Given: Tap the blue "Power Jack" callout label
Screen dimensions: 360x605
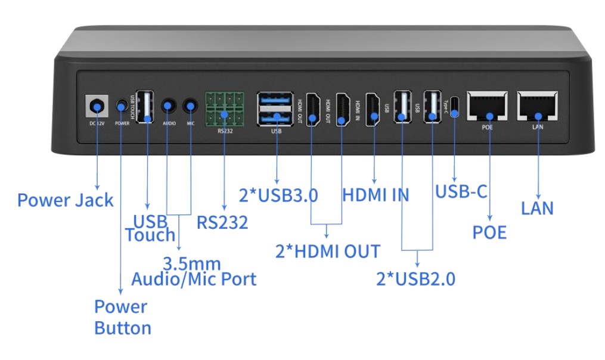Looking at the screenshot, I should point(65,200).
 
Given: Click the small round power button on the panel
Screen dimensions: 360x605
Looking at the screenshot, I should point(122,105).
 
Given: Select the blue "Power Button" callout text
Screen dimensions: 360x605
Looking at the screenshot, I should point(122,317).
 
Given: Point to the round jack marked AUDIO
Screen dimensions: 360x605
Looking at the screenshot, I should point(168,106).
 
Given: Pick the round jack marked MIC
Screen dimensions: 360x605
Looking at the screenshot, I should point(190,106).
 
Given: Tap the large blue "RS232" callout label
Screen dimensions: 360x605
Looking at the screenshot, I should point(222,223).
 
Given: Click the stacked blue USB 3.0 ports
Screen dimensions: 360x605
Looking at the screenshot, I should point(275,108).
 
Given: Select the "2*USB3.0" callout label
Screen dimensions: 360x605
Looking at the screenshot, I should point(278,195).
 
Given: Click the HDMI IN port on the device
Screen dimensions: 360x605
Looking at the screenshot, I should point(373,108).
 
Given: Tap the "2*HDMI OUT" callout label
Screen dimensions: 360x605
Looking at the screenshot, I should point(327,251).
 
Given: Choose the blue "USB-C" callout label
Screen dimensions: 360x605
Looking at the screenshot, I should point(461,192).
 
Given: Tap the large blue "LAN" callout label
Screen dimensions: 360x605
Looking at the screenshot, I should point(537,208).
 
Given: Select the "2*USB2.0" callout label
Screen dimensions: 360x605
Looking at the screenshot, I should point(415,278).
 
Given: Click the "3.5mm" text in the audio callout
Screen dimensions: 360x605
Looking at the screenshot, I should point(192,263).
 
